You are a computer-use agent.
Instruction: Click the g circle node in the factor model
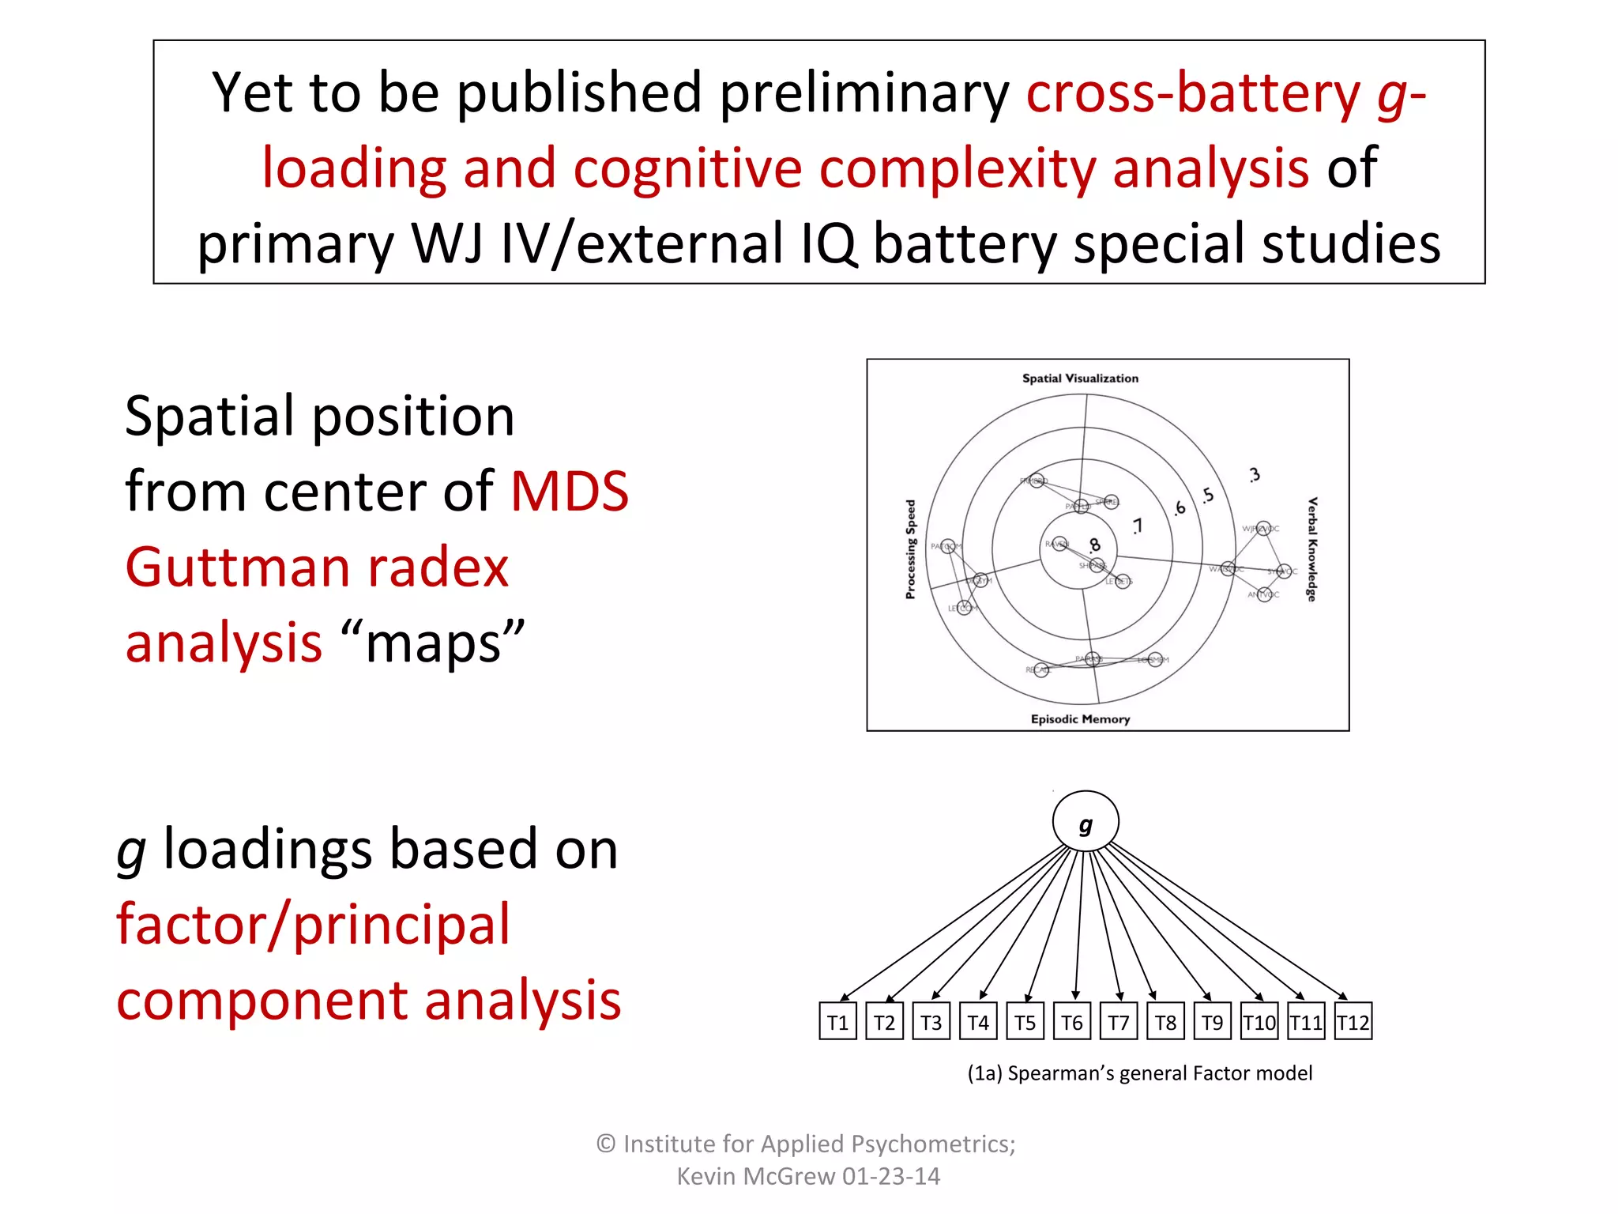click(x=1086, y=822)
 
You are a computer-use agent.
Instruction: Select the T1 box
click(x=837, y=1022)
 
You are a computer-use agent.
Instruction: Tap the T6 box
click(x=1071, y=1022)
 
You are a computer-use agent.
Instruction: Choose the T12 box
click(x=1353, y=1022)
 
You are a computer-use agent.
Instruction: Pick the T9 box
click(x=1212, y=1022)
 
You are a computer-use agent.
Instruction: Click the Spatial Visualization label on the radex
click(x=1080, y=379)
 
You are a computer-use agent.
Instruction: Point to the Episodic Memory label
click(x=1080, y=718)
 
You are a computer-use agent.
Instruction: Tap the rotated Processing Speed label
click(x=910, y=549)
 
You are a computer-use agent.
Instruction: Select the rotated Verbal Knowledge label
click(x=1311, y=549)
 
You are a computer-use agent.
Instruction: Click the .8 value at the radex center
click(x=1094, y=545)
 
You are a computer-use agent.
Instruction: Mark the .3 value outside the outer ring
click(x=1255, y=475)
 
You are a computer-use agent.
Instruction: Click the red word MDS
click(x=570, y=492)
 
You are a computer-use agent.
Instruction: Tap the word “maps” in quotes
click(x=434, y=643)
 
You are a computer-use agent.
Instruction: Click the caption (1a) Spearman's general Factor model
click(x=1139, y=1073)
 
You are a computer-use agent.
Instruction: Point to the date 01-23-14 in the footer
click(x=890, y=1176)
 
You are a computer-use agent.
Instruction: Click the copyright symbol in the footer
click(x=606, y=1144)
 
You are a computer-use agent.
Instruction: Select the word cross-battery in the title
click(x=1193, y=93)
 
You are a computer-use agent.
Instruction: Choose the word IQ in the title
click(x=828, y=243)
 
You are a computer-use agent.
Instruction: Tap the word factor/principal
click(x=314, y=924)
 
